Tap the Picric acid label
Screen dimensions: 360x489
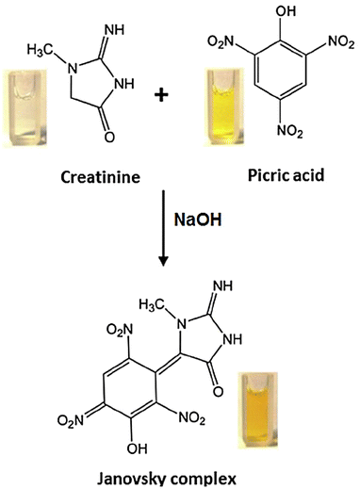[x=281, y=178]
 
